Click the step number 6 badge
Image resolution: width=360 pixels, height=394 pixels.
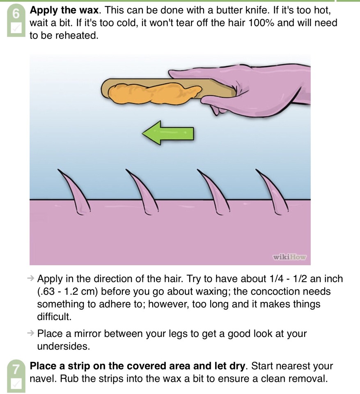click(x=16, y=14)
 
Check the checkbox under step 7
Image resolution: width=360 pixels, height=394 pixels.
click(x=16, y=384)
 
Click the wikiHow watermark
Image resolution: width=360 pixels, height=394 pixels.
click(x=289, y=257)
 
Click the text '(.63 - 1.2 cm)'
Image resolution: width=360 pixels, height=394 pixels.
click(x=67, y=291)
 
